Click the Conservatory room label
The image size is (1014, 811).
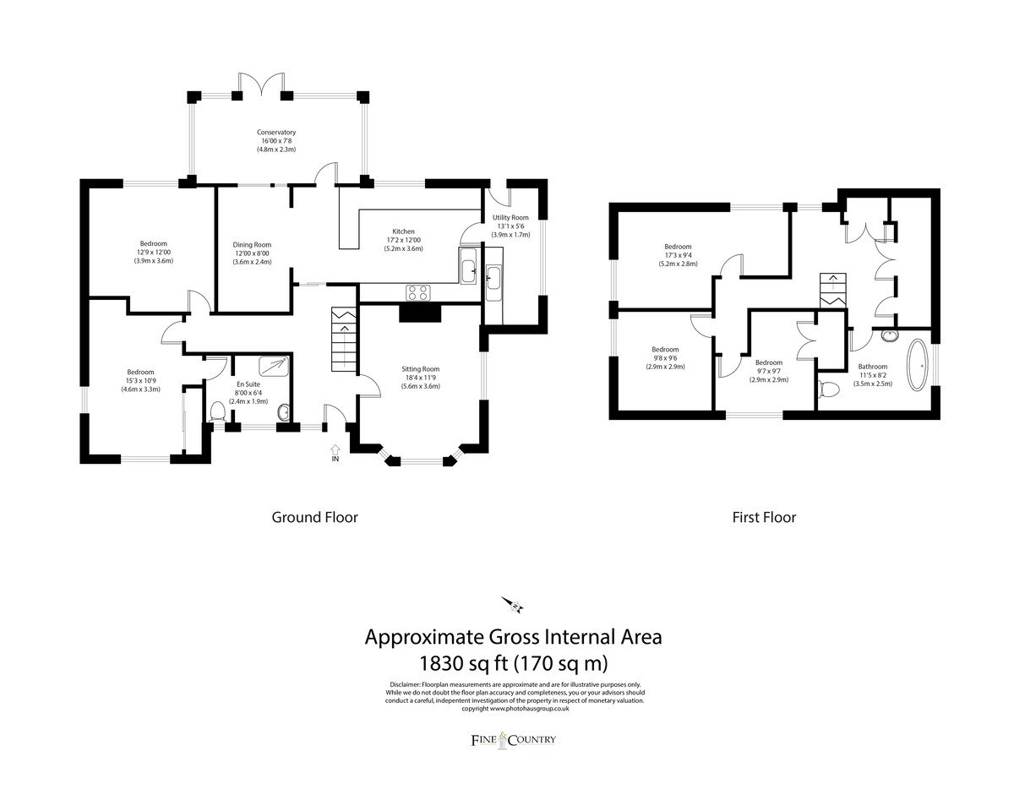276,133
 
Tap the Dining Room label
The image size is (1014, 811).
252,245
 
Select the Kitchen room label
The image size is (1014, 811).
403,231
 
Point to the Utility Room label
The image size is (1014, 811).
510,218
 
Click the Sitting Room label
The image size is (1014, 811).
420,369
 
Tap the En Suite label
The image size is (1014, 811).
248,384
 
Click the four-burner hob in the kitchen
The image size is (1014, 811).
418,292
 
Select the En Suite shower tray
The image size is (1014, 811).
274,366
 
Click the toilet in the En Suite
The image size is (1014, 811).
217,411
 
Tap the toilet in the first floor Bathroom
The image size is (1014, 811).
829,389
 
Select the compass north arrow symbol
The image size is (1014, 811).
512,605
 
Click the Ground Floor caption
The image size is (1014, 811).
314,517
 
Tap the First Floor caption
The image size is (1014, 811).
764,517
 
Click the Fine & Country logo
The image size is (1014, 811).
513,740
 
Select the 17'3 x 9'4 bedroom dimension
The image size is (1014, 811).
678,255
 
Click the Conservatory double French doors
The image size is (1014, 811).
261,84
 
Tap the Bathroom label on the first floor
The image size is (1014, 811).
873,367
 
